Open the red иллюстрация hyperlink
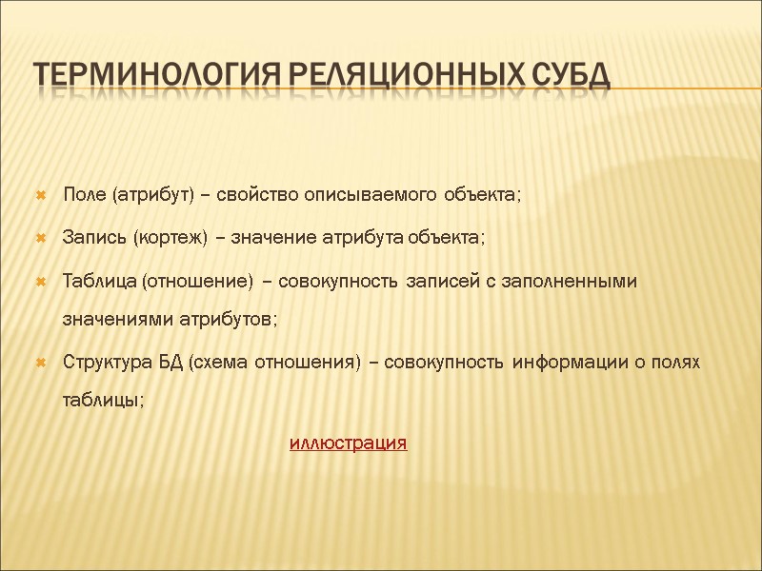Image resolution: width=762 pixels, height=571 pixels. point(348,443)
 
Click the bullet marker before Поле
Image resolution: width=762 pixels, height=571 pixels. point(41,196)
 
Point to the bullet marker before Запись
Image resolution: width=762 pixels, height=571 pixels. point(41,238)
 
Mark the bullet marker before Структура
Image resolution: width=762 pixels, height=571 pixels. point(41,364)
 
